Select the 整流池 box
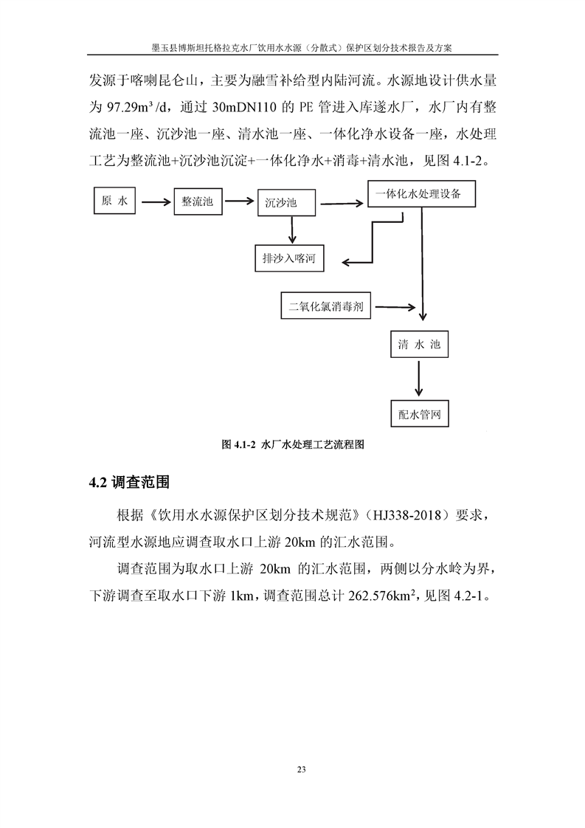[x=197, y=201]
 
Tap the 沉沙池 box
[x=286, y=202]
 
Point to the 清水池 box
[x=419, y=345]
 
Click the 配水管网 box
[x=419, y=413]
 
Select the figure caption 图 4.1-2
[x=294, y=446]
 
